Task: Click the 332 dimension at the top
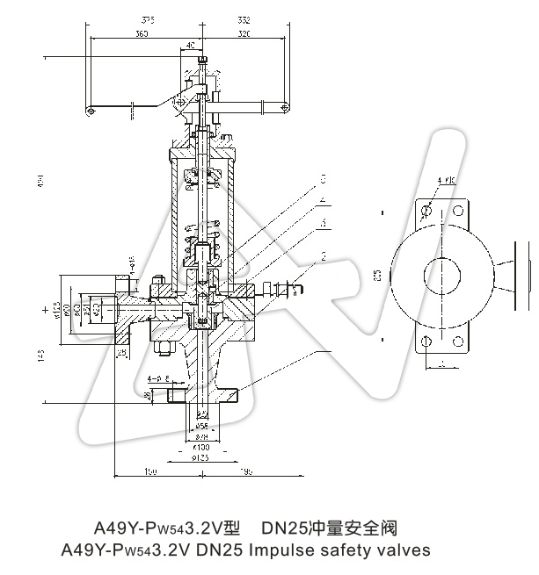coord(244,18)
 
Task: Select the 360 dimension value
coord(141,33)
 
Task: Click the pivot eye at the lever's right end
coord(284,106)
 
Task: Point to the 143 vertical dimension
coord(42,356)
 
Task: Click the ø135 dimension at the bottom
coord(201,457)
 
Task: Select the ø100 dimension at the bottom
coord(201,447)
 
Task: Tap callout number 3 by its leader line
coord(324,223)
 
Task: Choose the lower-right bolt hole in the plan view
coord(457,342)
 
